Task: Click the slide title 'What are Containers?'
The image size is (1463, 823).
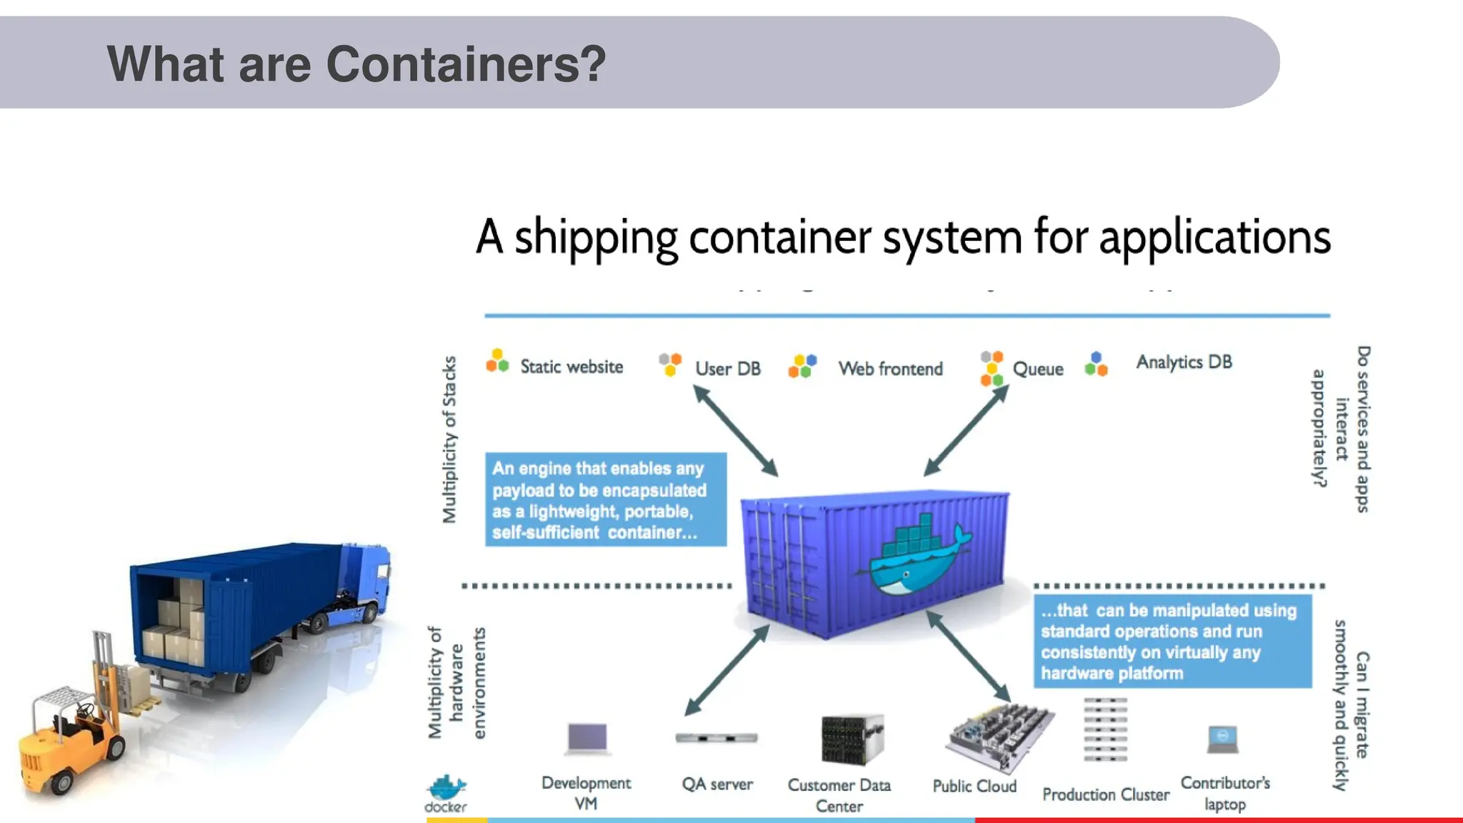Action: [x=356, y=64]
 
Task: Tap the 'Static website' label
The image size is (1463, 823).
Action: [x=571, y=366]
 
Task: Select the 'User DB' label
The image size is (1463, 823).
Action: [x=727, y=369]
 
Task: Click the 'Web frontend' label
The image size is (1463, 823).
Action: [x=890, y=369]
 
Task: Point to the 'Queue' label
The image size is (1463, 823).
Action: [x=1037, y=369]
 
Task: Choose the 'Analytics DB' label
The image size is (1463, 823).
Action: [x=1184, y=362]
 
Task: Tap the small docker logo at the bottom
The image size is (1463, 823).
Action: [x=446, y=792]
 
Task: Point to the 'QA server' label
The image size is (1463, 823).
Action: [x=716, y=784]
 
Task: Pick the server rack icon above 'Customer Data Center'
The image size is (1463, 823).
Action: [x=852, y=740]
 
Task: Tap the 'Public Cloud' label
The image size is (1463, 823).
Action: [x=974, y=786]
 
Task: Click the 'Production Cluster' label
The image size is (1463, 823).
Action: [x=1105, y=794]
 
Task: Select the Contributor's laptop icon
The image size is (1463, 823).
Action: [x=1222, y=739]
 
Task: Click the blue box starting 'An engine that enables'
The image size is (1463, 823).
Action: [x=605, y=499]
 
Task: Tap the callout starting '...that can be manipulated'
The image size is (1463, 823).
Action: [x=1172, y=641]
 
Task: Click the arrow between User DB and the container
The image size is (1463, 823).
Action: [x=736, y=431]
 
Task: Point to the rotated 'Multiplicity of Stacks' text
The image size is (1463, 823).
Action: [x=449, y=439]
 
